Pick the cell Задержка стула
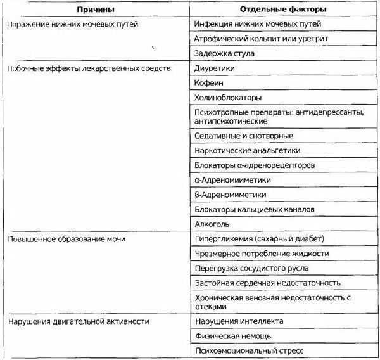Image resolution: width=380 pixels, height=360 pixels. [225, 54]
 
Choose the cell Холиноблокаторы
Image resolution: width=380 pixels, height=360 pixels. [229, 98]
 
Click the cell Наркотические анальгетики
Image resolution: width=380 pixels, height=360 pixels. [248, 150]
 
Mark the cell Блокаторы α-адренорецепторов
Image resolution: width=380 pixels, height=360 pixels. [252, 165]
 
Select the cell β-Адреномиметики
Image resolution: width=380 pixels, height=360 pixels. [231, 195]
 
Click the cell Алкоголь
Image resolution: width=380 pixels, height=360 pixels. [214, 224]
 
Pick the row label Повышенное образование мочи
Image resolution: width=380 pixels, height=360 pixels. [67, 239]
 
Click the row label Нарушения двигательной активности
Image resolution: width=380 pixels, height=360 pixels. [79, 321]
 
